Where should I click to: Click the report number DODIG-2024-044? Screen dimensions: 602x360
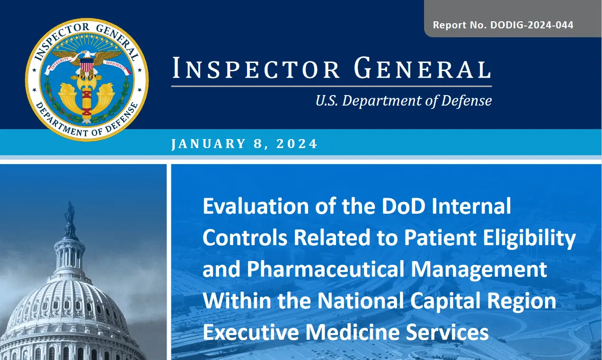[532, 25]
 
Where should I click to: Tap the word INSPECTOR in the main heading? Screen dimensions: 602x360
[256, 68]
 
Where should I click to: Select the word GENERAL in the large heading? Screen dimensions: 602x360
[423, 68]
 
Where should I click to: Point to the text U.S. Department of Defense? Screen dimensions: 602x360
[404, 101]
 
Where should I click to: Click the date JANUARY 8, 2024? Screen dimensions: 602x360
[245, 143]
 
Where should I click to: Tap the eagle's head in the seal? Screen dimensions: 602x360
[86, 55]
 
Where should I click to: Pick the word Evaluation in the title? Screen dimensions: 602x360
[256, 206]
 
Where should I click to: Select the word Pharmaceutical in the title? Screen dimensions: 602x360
[326, 269]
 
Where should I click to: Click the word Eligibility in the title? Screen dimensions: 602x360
[530, 238]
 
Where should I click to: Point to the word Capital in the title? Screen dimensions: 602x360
[445, 301]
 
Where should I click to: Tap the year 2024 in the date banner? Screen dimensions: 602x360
[297, 143]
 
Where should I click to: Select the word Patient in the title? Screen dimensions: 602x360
[440, 238]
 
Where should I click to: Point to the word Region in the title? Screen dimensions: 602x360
[522, 301]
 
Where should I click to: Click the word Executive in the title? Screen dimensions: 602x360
[251, 332]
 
